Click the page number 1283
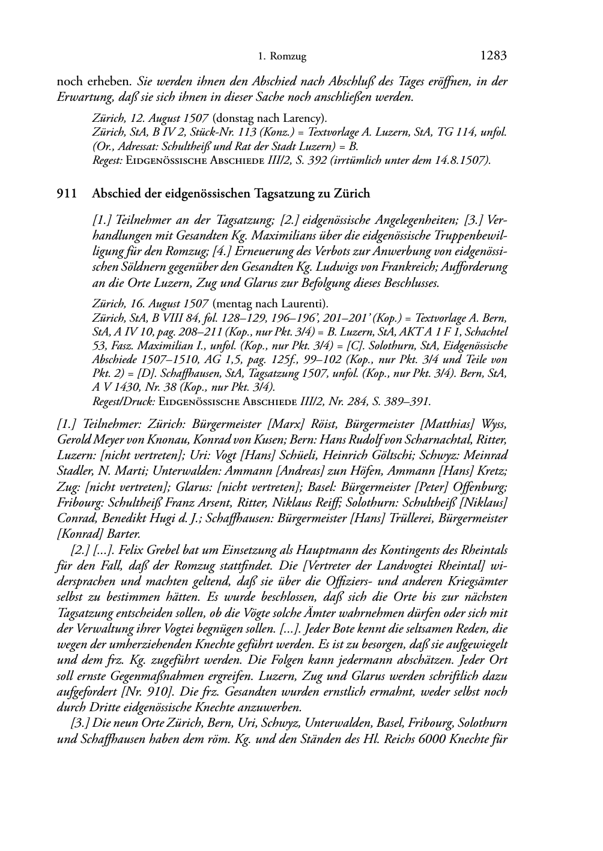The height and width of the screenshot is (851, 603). [494, 56]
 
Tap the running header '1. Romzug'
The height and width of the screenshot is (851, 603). [282, 57]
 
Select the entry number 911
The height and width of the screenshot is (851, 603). [67, 193]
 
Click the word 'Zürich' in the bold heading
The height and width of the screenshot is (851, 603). [353, 193]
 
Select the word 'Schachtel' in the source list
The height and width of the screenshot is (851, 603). [485, 332]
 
